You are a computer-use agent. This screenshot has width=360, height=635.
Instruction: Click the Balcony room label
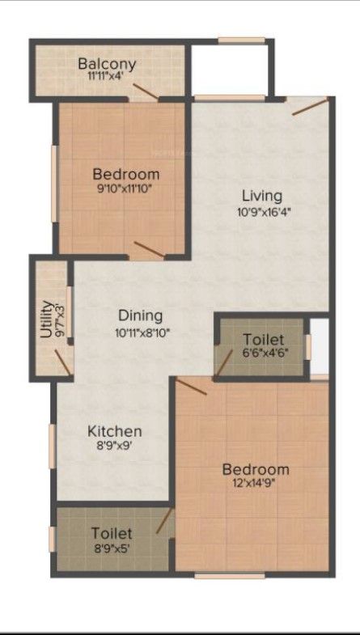[107, 64]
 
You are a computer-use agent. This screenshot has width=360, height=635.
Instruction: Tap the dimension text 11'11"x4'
[105, 76]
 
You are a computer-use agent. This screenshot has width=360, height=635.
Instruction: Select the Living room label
[262, 196]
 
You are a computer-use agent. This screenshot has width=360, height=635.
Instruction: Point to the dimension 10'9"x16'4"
[264, 211]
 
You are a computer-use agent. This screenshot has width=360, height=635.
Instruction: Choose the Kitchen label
[115, 432]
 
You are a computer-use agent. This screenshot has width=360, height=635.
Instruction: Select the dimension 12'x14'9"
[256, 484]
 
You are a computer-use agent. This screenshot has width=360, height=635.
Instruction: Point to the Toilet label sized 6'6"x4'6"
[262, 339]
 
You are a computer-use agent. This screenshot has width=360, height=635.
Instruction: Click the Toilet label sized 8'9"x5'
[112, 533]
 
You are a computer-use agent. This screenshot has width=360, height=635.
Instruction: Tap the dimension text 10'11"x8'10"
[142, 333]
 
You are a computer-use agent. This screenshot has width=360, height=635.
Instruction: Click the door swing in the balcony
[146, 91]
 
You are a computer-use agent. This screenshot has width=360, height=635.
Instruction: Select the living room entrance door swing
[310, 107]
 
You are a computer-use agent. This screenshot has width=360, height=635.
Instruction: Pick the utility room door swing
[63, 362]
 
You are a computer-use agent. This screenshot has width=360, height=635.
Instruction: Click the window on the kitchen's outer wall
[53, 447]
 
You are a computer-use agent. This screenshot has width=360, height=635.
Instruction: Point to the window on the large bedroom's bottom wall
[230, 575]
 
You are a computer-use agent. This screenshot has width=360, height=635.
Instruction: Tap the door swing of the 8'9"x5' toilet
[164, 521]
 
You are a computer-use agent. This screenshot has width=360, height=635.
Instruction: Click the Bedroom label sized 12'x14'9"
[256, 470]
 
